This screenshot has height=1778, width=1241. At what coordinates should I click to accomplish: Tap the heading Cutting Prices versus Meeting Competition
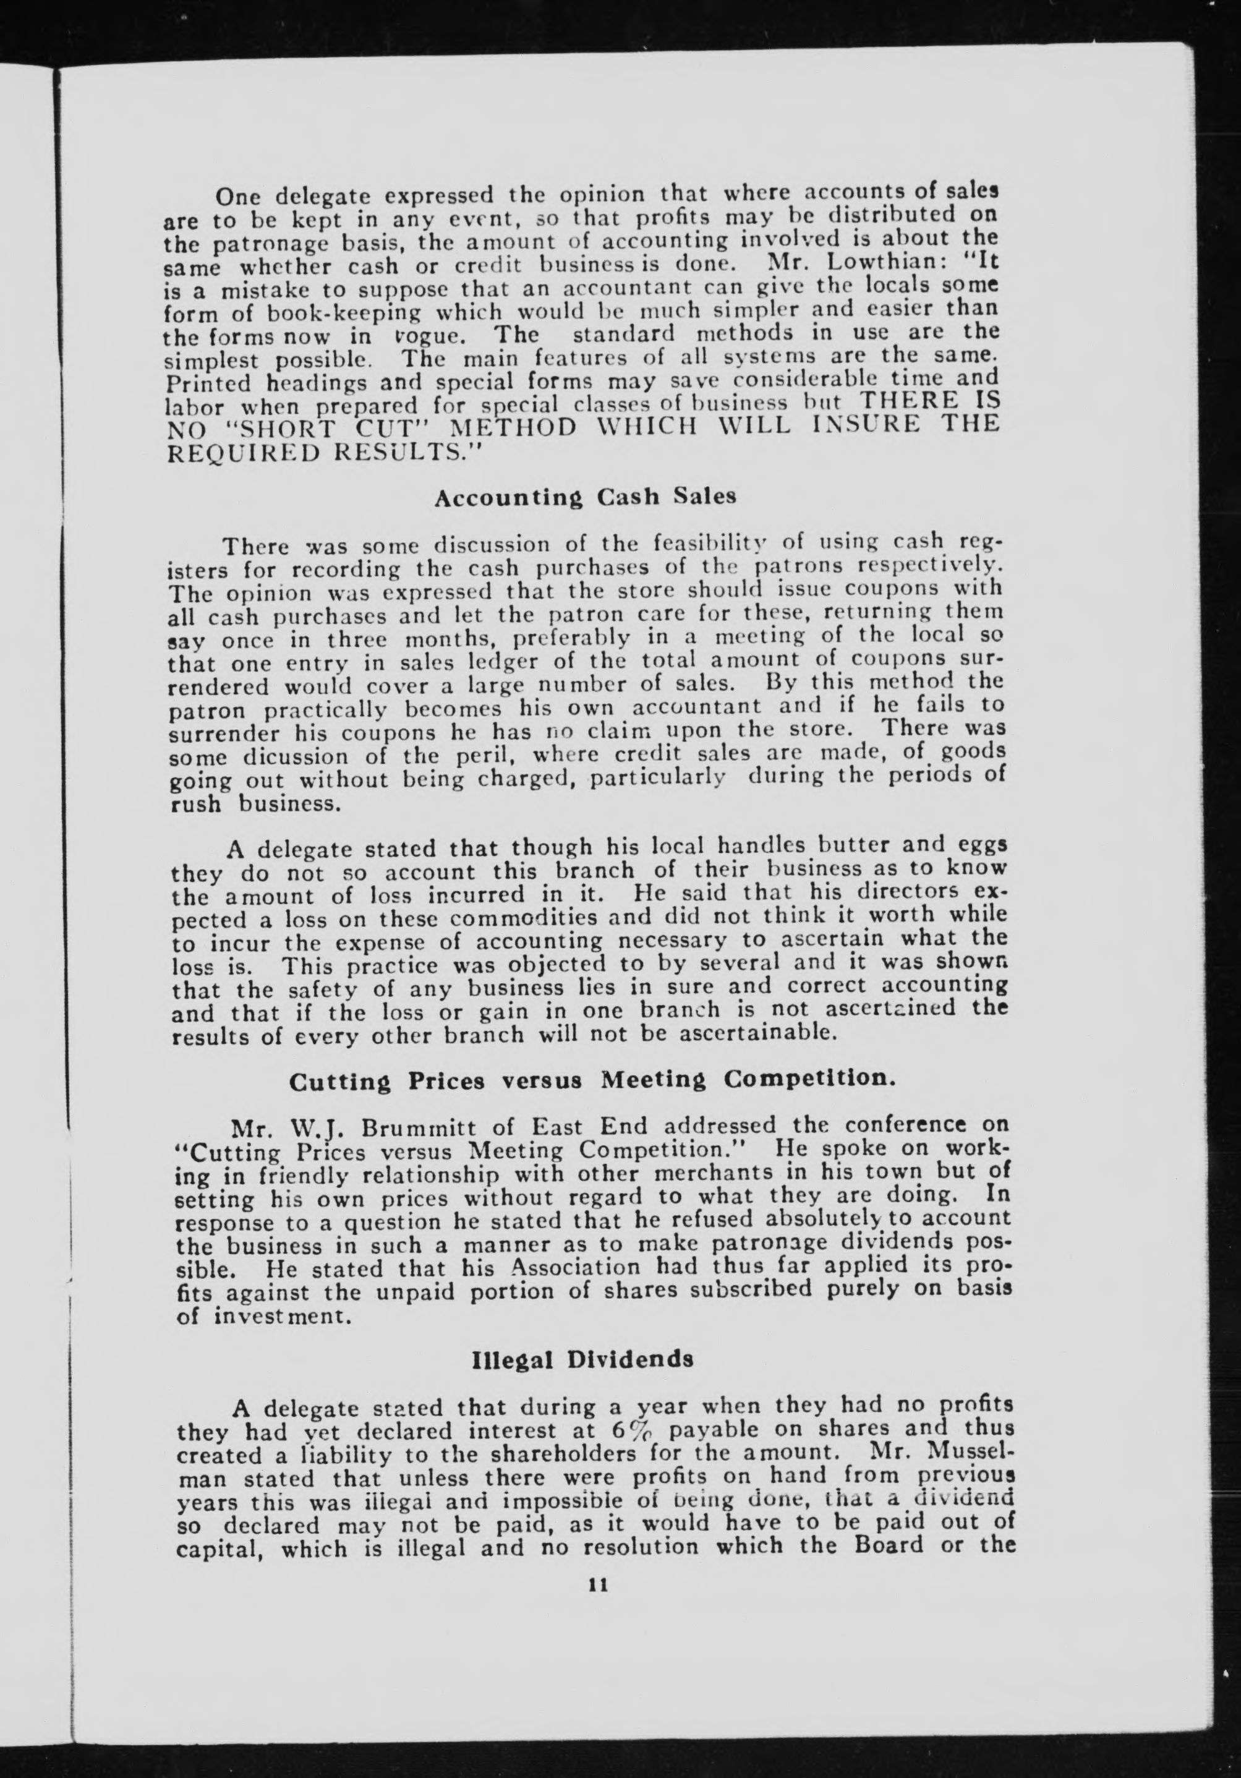point(592,1080)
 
